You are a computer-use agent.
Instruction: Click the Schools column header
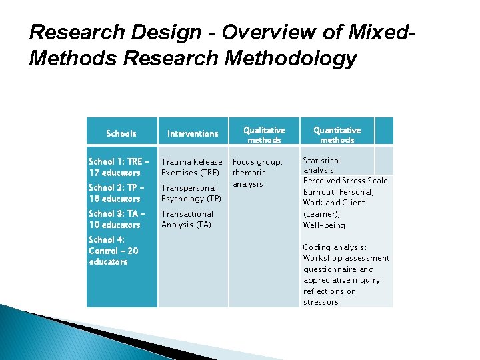click(x=121, y=134)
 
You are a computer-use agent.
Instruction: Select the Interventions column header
click(x=193, y=134)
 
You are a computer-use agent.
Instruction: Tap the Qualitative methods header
click(x=264, y=135)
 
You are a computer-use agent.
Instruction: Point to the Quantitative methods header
click(x=337, y=135)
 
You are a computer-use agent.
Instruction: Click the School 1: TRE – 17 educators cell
click(x=115, y=167)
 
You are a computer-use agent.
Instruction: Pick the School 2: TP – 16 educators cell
click(x=115, y=193)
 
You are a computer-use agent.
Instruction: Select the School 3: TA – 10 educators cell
click(x=115, y=219)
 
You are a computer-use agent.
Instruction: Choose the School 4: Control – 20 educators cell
click(x=113, y=251)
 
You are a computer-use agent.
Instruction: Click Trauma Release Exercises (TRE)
click(x=192, y=167)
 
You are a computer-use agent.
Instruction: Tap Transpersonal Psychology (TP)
click(x=191, y=193)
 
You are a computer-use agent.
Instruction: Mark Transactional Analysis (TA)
click(x=187, y=219)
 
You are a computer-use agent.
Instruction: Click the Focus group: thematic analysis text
click(x=257, y=173)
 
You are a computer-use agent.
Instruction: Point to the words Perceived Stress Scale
click(x=345, y=181)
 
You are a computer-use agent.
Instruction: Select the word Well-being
click(x=324, y=225)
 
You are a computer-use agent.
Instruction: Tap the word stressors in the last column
click(x=321, y=302)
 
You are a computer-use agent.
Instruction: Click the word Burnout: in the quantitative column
click(x=319, y=192)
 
